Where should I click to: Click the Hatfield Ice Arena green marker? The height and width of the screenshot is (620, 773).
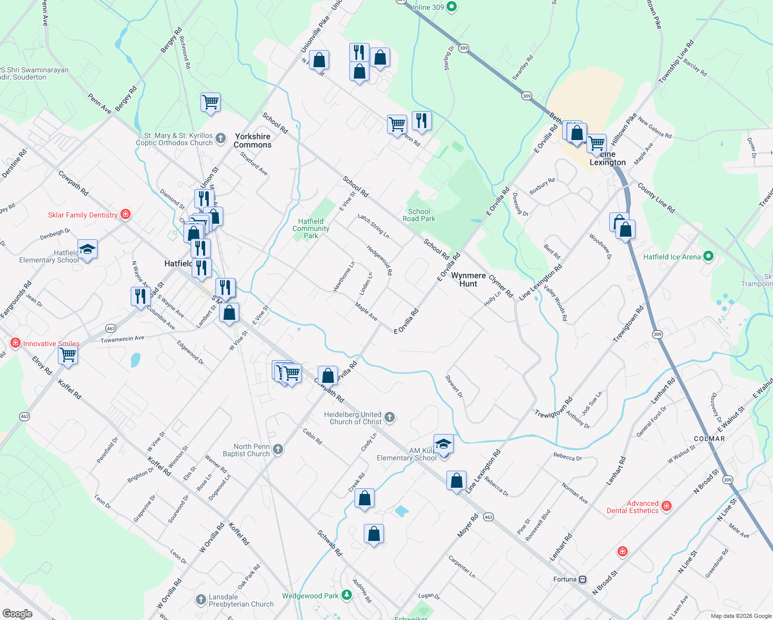[x=708, y=256]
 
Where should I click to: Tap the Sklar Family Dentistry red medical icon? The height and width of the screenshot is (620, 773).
[x=125, y=214]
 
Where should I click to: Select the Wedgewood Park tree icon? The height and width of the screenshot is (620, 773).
[x=347, y=596]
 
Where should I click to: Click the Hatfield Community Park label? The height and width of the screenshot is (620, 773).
[x=311, y=228]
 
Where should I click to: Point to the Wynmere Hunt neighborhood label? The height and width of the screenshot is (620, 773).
[x=468, y=280]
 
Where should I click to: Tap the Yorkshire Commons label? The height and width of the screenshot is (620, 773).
[x=252, y=141]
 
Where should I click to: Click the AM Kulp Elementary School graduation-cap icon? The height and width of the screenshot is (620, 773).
[x=443, y=444]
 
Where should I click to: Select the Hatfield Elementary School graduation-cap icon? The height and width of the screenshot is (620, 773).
[x=87, y=249]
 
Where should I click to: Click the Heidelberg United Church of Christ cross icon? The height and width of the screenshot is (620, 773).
[x=390, y=417]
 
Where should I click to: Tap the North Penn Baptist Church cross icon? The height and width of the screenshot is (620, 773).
[x=278, y=449]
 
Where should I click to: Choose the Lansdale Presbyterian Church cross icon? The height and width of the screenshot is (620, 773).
[x=201, y=600]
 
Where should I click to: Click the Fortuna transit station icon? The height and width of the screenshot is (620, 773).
[x=583, y=579]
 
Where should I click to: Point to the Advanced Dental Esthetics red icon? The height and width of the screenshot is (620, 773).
[x=667, y=506]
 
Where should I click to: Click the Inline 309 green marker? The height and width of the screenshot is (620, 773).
[x=452, y=7]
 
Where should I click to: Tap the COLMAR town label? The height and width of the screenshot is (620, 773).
[x=709, y=439]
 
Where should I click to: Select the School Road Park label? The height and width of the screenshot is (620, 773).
[x=419, y=215]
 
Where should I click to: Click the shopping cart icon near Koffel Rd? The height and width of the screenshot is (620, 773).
[x=68, y=355]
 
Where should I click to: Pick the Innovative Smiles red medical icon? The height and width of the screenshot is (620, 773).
[x=16, y=343]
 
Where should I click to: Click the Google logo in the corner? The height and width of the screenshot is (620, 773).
[x=17, y=614]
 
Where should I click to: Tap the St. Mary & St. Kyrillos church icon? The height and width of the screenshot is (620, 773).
[x=221, y=138]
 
